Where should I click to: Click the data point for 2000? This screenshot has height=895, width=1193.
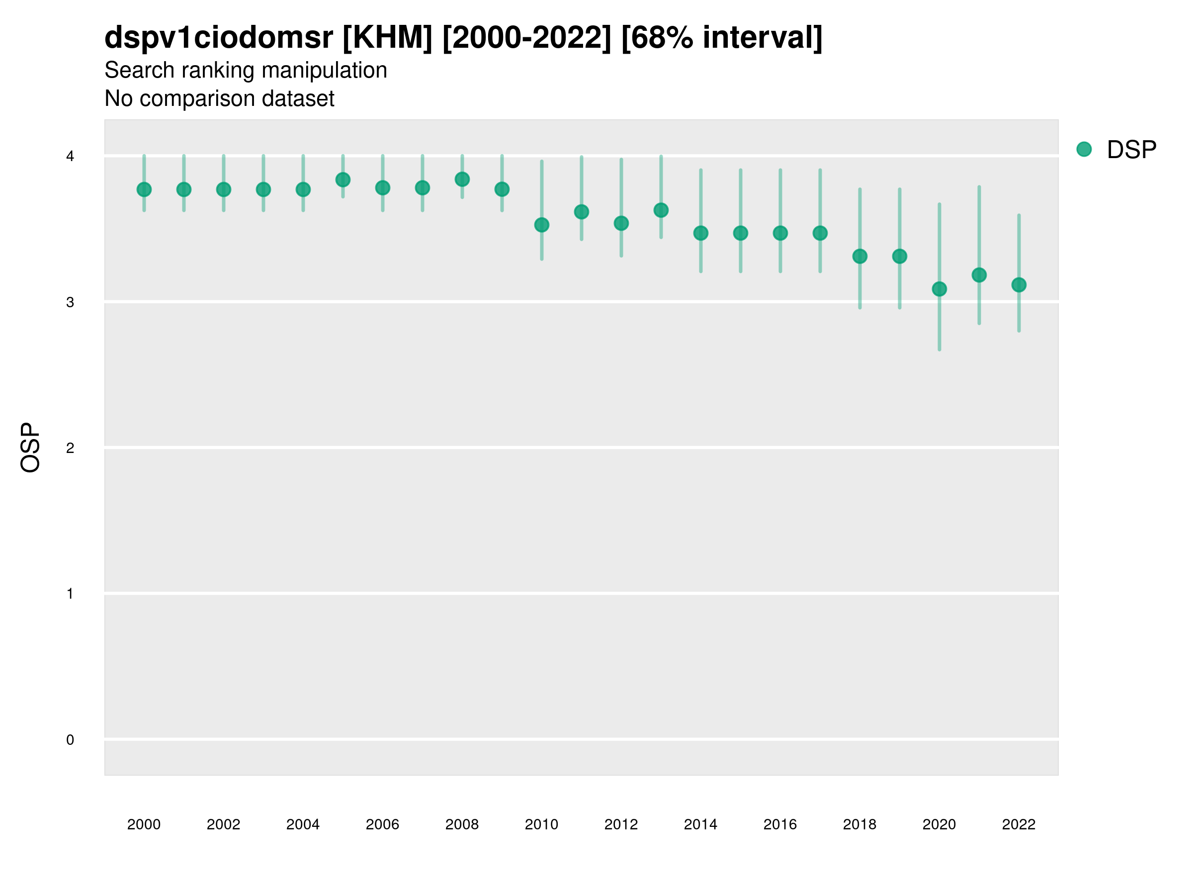click(144, 189)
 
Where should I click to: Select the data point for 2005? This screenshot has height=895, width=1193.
click(343, 179)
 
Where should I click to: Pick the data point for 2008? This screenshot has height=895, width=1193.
click(462, 179)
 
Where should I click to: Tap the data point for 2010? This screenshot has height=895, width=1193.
click(541, 225)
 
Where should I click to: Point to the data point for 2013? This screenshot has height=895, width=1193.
click(661, 210)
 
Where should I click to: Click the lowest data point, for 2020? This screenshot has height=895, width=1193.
click(939, 289)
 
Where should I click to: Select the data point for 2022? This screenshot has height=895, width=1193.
click(1019, 285)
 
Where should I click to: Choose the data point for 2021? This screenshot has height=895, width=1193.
click(979, 275)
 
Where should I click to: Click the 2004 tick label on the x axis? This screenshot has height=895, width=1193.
click(303, 824)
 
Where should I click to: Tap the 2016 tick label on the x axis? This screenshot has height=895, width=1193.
click(780, 824)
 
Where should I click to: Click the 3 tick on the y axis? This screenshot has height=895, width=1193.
click(70, 302)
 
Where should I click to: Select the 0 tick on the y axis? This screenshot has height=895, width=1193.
click(70, 740)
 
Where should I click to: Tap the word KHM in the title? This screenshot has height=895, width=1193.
click(387, 38)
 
